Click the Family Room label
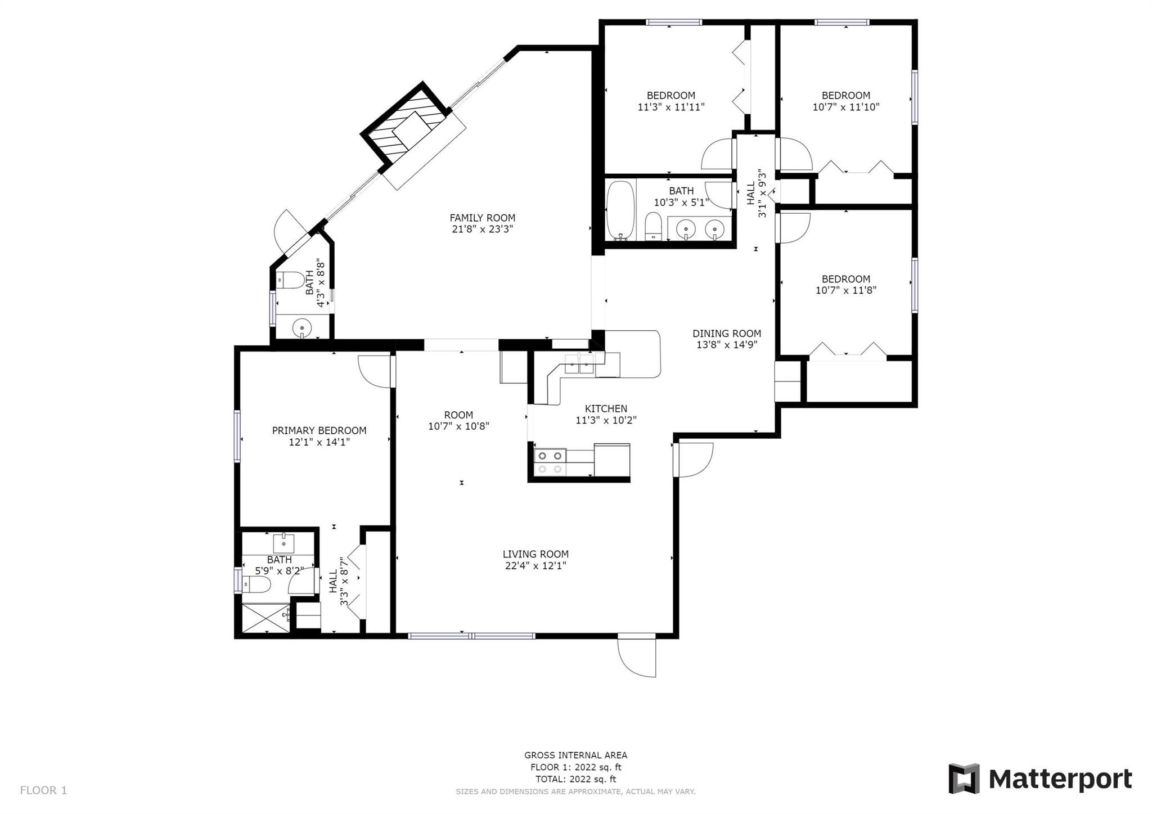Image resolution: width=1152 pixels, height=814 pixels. click(482, 218)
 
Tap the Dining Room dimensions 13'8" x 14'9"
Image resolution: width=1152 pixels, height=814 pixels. click(727, 345)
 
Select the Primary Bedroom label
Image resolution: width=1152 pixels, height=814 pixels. click(319, 430)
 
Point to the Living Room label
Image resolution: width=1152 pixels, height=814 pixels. click(535, 554)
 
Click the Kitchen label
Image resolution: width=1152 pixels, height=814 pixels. click(606, 408)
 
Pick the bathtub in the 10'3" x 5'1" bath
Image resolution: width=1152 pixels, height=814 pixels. click(620, 210)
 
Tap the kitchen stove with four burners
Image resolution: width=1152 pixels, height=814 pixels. click(550, 462)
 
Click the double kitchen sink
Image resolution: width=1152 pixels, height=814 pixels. click(579, 364)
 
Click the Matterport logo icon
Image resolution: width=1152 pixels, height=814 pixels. click(964, 779)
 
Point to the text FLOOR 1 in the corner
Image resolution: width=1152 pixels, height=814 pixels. click(43, 790)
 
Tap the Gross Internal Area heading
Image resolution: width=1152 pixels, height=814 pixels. click(575, 755)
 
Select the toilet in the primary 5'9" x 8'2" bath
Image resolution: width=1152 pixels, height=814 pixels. click(256, 585)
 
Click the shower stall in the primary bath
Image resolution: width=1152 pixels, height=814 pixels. click(265, 618)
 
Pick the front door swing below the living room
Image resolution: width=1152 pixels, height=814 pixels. click(637, 656)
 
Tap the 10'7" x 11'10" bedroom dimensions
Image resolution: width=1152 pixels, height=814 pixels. click(846, 107)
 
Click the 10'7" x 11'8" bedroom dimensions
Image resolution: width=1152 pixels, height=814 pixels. click(846, 290)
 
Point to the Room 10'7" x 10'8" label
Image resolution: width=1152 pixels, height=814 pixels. click(458, 421)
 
